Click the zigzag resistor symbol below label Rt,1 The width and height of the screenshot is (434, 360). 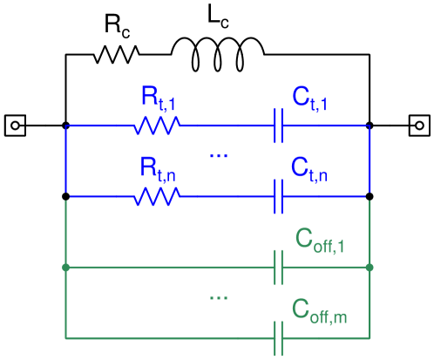click(x=157, y=126)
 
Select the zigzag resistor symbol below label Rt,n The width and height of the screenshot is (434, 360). click(x=157, y=197)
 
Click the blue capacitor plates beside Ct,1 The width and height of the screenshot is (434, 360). click(x=279, y=126)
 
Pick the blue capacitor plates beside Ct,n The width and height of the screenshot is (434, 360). click(x=279, y=197)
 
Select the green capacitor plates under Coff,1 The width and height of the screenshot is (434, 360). click(x=279, y=268)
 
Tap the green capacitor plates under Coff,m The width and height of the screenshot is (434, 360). click(x=279, y=337)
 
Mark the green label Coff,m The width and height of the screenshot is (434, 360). click(x=320, y=310)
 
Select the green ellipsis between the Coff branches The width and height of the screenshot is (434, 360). click(x=219, y=298)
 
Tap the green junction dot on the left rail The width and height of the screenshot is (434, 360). click(x=66, y=268)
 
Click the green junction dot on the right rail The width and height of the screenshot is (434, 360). click(x=370, y=268)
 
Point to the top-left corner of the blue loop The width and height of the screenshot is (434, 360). click(x=66, y=126)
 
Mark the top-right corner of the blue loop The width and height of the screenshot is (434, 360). click(x=370, y=126)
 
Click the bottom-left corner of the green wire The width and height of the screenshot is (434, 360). click(x=66, y=337)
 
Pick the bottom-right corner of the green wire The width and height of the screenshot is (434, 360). click(x=370, y=337)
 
